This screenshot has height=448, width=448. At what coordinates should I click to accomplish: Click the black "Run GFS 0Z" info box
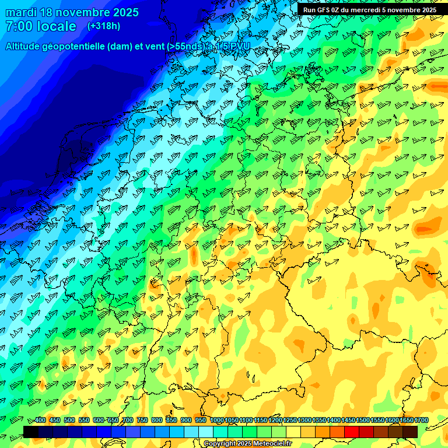(x=369, y=9)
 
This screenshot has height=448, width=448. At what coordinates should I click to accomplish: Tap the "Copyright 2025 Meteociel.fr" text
(x=248, y=443)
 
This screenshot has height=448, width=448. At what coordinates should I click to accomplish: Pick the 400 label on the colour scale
(x=40, y=421)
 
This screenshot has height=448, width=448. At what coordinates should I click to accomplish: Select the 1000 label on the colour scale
(x=217, y=421)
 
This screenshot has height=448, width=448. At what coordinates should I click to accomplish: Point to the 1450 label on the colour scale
(x=348, y=421)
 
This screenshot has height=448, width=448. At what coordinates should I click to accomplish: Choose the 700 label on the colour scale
(x=128, y=421)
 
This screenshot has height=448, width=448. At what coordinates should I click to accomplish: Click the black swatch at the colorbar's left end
(x=31, y=432)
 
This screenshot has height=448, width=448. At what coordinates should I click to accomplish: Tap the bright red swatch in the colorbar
(x=352, y=432)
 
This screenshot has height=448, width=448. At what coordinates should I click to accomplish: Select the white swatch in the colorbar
(x=206, y=432)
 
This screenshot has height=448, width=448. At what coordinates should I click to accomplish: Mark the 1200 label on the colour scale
(x=275, y=421)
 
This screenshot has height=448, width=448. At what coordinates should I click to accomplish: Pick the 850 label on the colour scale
(x=171, y=421)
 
